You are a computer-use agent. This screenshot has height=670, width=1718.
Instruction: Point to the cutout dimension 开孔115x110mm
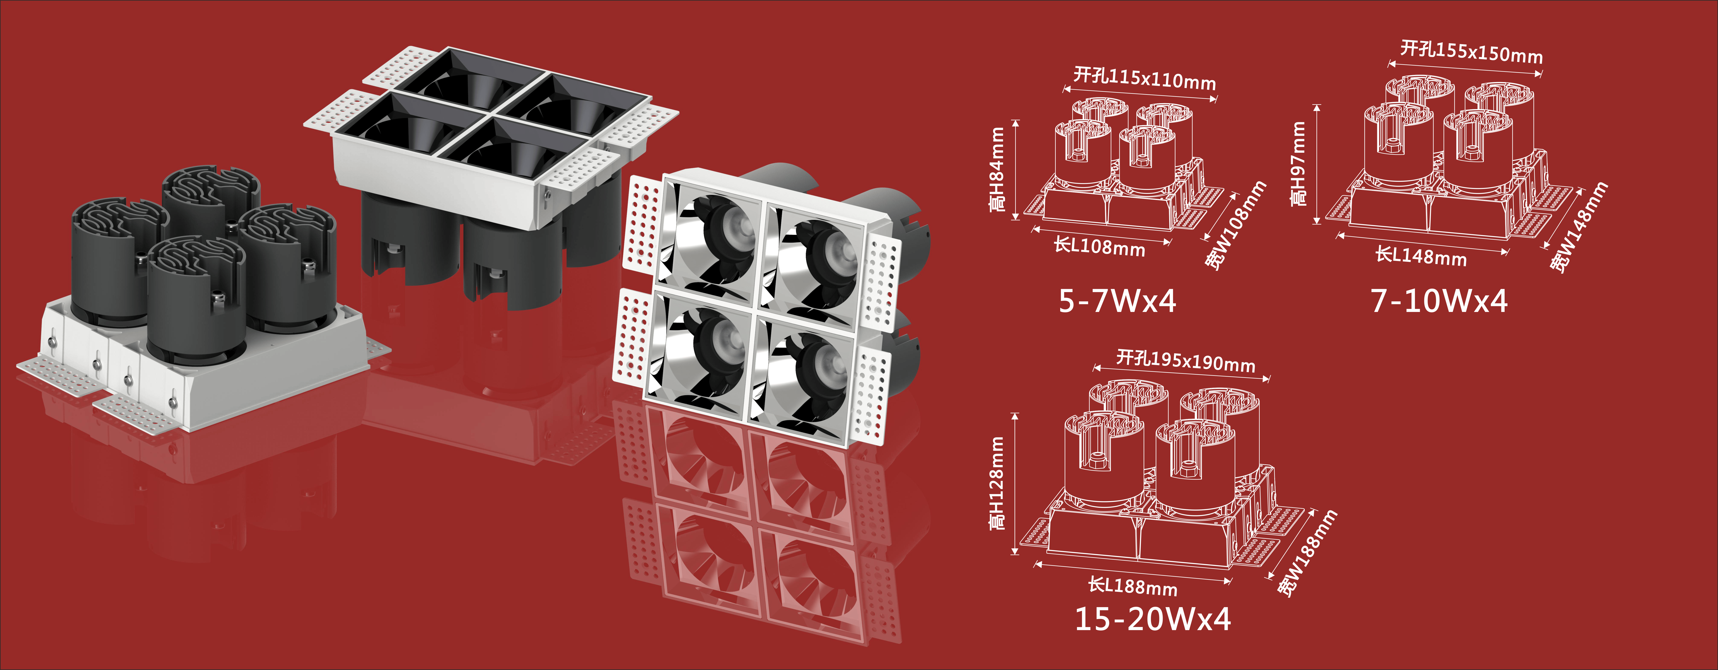(x=1144, y=78)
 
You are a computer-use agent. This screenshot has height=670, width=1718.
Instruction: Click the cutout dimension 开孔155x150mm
(x=1471, y=51)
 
